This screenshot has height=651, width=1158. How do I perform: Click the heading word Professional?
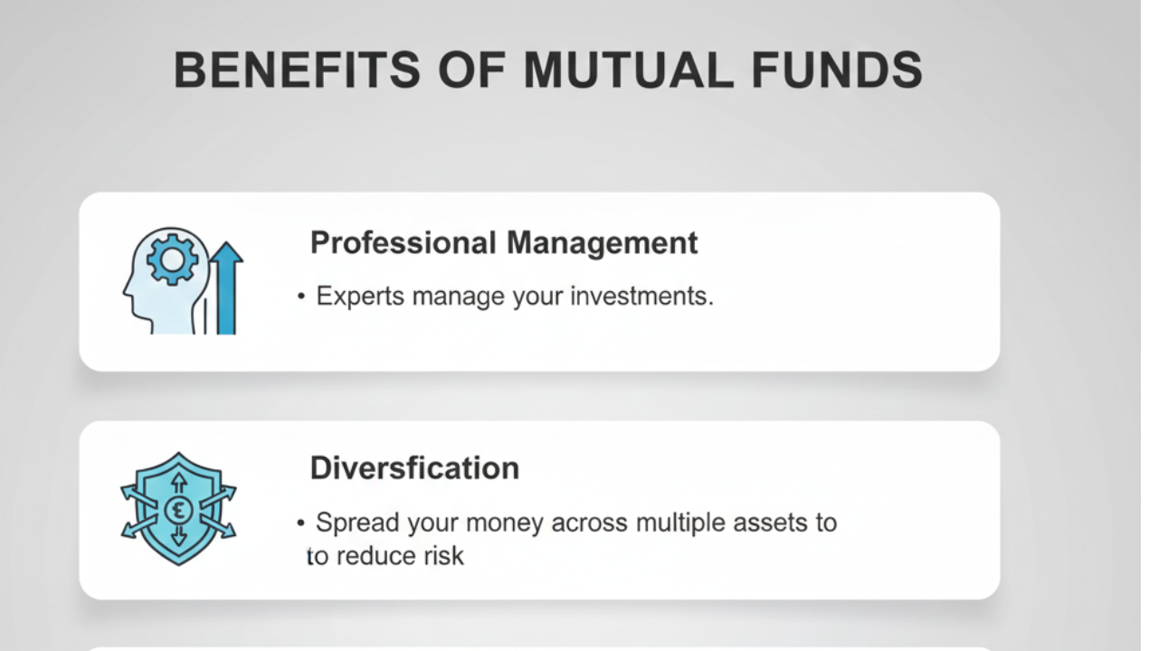point(403,243)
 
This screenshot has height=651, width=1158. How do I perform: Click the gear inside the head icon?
point(172,261)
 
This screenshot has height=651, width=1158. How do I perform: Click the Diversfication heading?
point(414,467)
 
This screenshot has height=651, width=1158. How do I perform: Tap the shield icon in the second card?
point(178,508)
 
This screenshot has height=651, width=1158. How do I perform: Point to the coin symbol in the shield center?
point(178,509)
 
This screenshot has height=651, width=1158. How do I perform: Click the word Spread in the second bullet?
point(356,523)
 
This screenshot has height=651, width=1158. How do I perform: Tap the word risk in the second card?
point(443,555)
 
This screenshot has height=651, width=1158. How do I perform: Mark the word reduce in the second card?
point(375,555)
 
